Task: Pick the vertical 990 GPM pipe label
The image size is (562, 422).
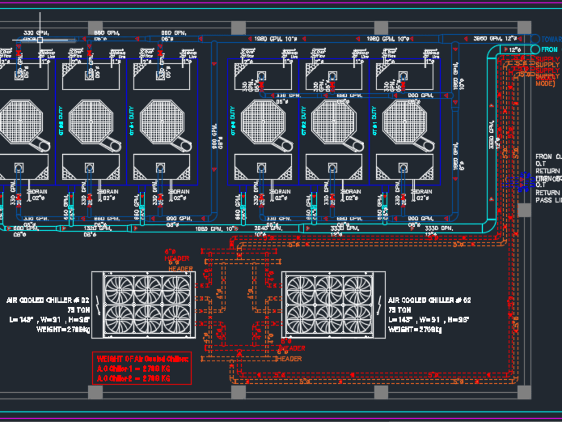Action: pos(214,137)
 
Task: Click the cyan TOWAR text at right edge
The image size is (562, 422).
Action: pos(551,39)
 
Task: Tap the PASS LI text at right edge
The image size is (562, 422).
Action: pos(548,200)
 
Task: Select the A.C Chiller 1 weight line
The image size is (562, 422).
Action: pos(133,368)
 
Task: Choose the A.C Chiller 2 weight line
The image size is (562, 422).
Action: pos(133,378)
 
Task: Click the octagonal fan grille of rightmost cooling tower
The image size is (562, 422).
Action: pos(402,120)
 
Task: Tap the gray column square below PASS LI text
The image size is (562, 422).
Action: pos(524,210)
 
